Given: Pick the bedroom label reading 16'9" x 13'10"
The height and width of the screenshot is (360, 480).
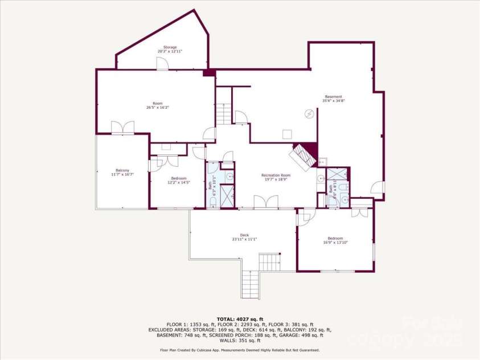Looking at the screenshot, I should point(335,240).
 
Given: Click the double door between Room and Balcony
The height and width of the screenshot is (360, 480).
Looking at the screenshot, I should point(122,128).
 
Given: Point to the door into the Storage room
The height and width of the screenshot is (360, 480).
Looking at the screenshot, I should point(163,64).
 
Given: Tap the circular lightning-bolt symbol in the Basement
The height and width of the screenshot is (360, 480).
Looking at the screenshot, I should point(310,113).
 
